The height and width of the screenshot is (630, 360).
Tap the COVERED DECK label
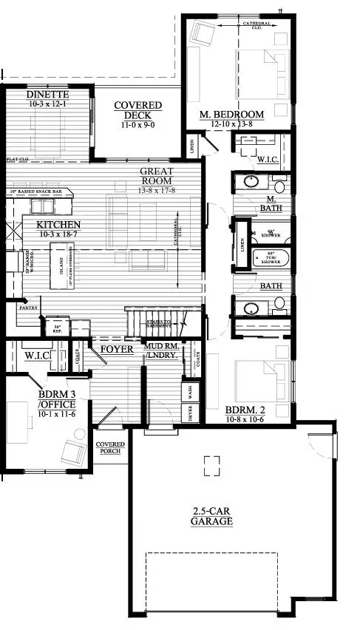(x=134, y=111)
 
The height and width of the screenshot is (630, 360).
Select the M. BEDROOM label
(x=232, y=115)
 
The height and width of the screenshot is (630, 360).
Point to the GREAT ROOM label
(x=157, y=176)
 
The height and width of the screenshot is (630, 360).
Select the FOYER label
(x=117, y=348)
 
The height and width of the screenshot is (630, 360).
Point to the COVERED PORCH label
(x=111, y=448)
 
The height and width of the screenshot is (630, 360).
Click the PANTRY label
(x=29, y=307)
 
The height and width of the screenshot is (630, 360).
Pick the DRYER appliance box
(x=189, y=413)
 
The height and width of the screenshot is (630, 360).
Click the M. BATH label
(x=271, y=203)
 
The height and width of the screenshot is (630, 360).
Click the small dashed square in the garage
(x=212, y=464)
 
